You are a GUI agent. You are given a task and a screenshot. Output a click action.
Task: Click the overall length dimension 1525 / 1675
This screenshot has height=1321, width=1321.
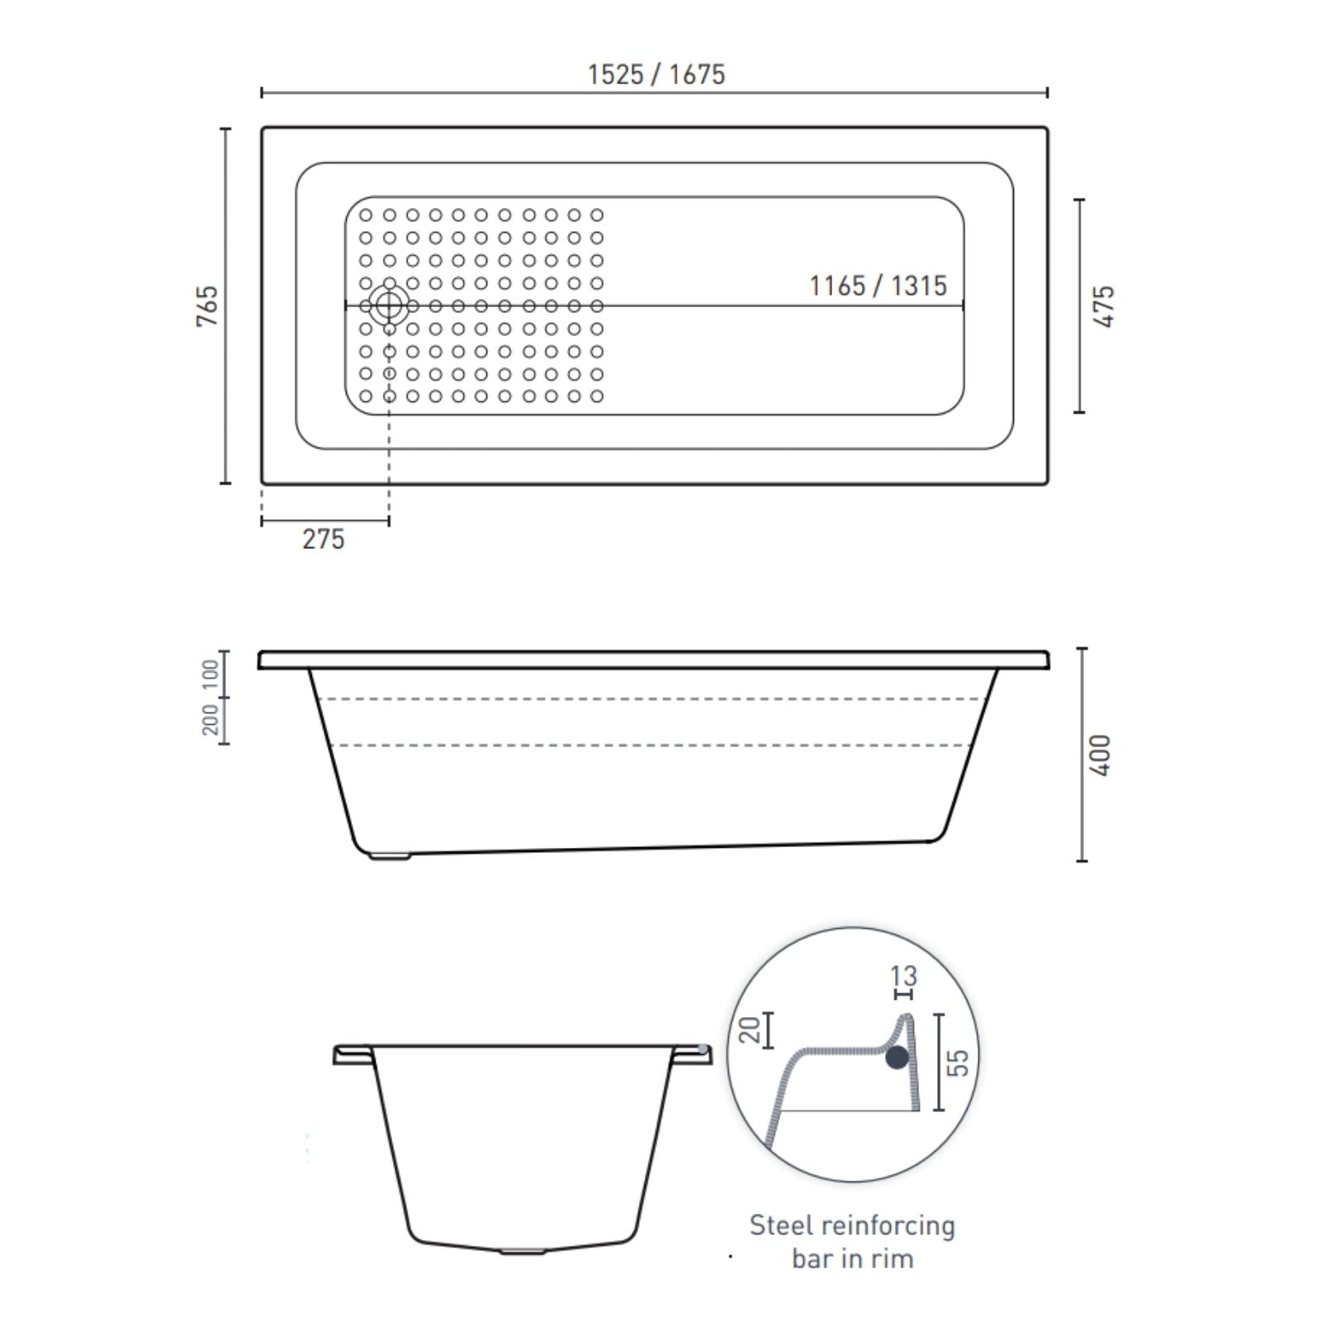656,74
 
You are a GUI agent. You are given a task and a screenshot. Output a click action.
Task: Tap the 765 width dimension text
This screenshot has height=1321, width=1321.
208,305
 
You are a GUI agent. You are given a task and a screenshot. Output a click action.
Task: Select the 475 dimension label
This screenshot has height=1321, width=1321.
1104,306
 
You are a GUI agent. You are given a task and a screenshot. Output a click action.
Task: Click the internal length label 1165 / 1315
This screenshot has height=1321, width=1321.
878,286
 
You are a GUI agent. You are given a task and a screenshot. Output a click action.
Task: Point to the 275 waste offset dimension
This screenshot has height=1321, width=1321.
323,539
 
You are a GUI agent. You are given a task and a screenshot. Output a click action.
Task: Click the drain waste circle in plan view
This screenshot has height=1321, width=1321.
388,305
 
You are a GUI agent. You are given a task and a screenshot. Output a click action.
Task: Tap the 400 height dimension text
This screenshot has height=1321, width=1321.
1101,755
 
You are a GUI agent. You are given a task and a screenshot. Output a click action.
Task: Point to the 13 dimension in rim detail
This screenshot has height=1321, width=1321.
903,976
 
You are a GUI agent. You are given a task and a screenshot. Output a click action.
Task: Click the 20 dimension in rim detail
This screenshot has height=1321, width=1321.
750,1030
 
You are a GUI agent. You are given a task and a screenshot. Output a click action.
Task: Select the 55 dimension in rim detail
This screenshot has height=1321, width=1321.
957,1062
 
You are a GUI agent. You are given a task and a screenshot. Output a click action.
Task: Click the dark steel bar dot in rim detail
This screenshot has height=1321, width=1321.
897,1057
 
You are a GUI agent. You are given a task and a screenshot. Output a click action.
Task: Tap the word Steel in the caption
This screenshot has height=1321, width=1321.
777,1225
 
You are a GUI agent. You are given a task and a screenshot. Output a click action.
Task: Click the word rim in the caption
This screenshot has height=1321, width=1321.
894,1259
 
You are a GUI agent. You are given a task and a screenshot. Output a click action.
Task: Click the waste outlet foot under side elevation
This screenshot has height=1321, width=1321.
389,856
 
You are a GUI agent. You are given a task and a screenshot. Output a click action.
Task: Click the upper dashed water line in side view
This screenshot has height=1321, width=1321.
652,699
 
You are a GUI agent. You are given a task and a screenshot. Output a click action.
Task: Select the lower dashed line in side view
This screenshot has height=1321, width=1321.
652,746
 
